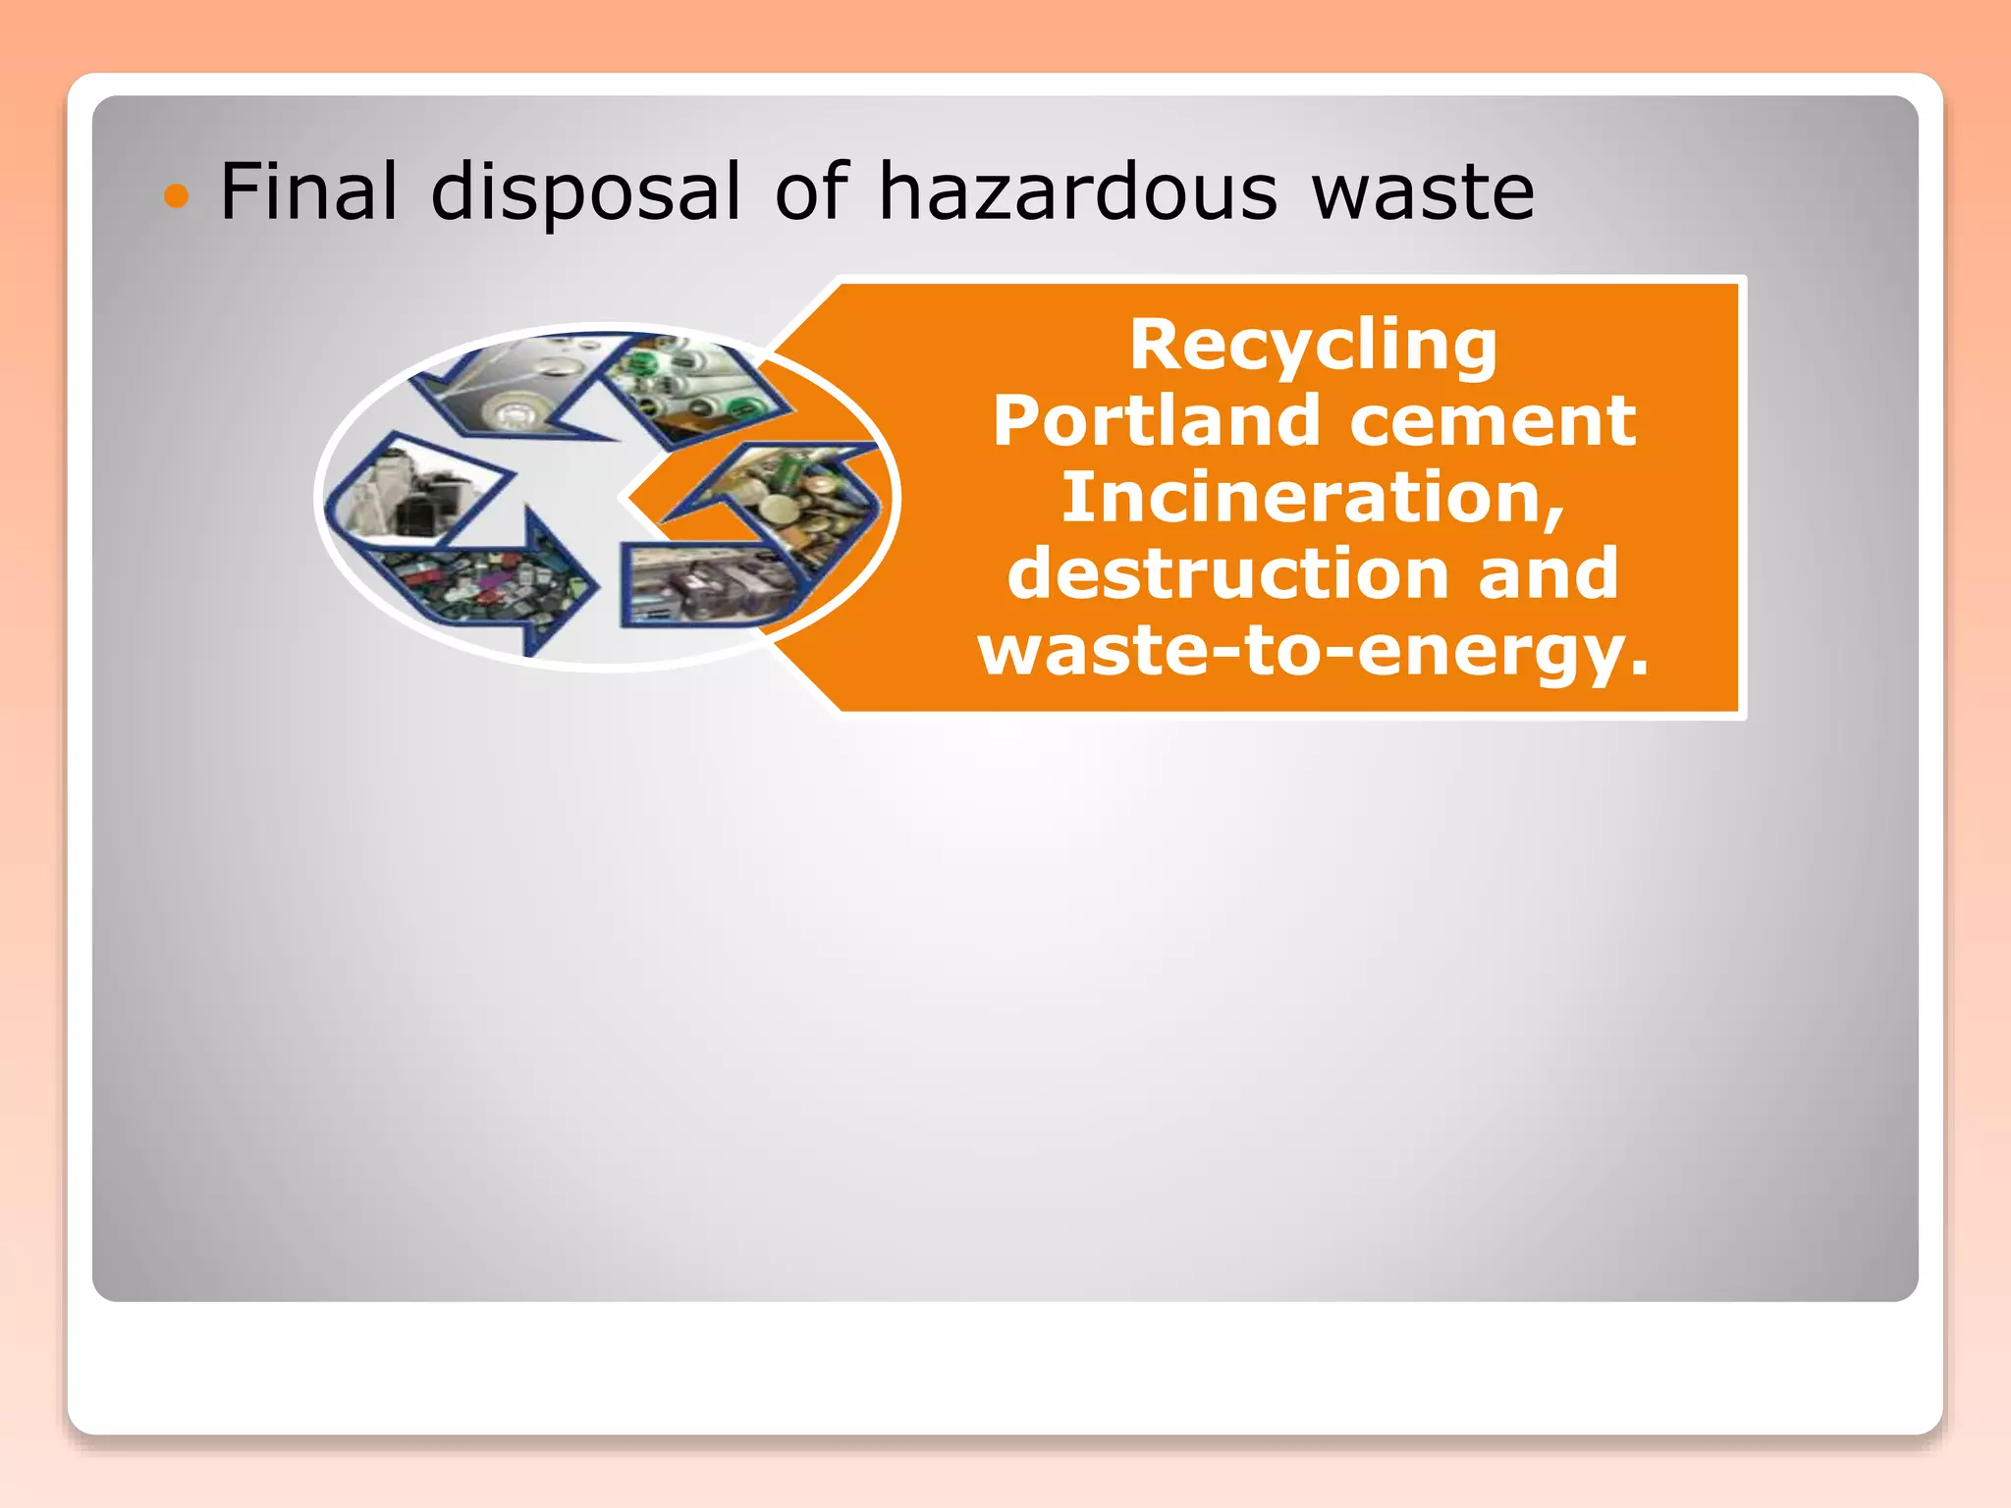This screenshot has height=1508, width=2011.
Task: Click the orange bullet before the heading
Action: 176,196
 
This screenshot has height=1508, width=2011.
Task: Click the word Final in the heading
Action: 308,191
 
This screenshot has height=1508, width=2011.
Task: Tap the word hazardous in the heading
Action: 1077,191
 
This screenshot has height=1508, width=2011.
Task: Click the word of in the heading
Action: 811,191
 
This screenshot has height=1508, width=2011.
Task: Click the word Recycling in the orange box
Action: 1313,346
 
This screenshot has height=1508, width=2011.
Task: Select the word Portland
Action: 1155,421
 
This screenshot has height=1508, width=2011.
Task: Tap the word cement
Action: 1493,421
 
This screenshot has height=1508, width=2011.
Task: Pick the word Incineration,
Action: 1313,498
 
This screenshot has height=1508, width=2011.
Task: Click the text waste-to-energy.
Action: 1313,650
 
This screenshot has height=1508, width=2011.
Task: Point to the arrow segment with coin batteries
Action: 786,501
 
